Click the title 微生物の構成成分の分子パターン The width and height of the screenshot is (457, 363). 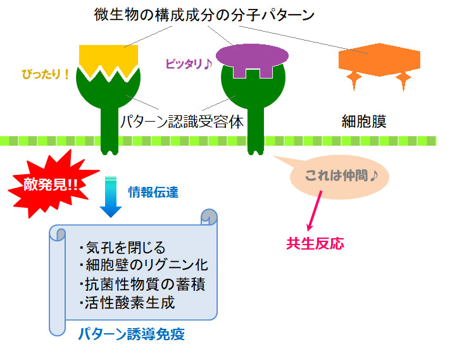pos(204,15)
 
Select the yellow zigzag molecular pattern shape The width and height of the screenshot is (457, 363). pos(108,60)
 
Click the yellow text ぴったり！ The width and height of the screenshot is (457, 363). pos(46,74)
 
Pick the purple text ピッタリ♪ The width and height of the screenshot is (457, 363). pos(189,64)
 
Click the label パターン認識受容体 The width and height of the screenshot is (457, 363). pos(182,122)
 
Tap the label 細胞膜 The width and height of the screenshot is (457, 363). pos(364,122)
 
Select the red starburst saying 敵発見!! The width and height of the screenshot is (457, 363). pos(51,184)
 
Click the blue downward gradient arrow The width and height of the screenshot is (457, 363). pos(111,197)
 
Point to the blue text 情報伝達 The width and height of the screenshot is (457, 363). pos(153,193)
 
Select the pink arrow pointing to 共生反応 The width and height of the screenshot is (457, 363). pos(315,211)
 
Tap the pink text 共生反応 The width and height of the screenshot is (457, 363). pos(315,243)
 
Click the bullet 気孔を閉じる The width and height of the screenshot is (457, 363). pos(122,248)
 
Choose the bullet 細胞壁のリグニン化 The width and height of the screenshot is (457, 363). pos(144,265)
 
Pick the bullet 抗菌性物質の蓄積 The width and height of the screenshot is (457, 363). pos(142,284)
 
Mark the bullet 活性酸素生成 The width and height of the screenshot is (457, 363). pos(127,303)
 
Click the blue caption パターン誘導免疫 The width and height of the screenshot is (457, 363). pos(132,334)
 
